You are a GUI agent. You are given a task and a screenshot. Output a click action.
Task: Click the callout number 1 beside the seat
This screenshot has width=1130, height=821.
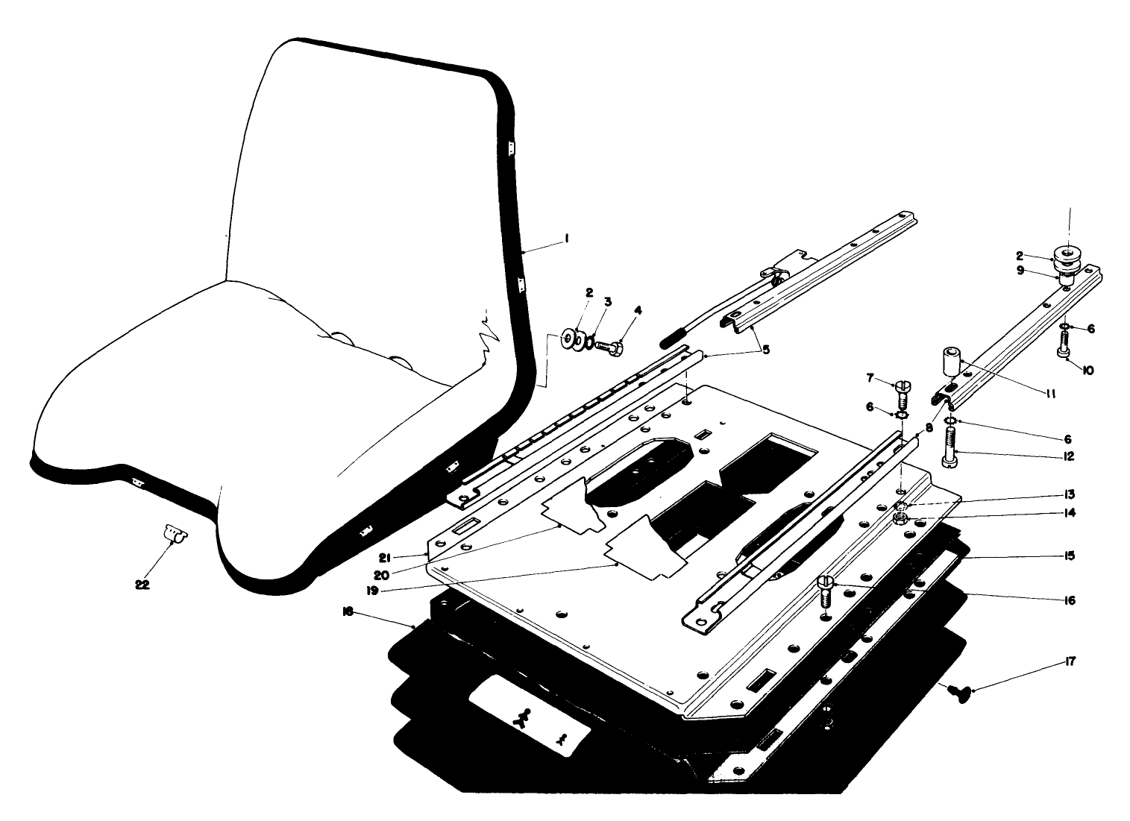pos(567,240)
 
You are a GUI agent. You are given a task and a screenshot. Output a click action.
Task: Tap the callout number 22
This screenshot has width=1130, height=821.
pos(142,585)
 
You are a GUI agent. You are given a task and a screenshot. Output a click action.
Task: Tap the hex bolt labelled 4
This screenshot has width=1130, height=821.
pos(614,346)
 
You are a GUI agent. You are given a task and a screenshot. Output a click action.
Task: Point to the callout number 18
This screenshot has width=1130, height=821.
pos(347,611)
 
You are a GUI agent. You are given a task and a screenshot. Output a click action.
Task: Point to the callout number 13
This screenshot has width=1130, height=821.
pos(1070,494)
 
